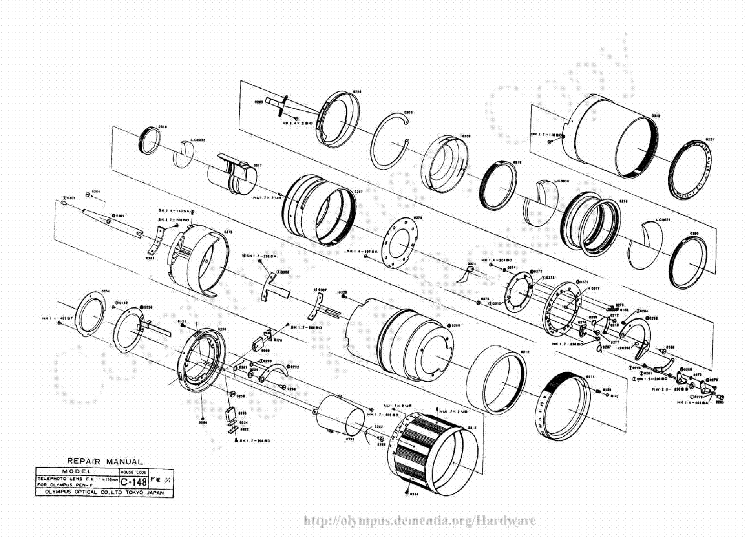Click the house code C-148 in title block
pyautogui.click(x=133, y=482)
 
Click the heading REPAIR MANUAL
pyautogui.click(x=105, y=462)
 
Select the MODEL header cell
pyautogui.click(x=77, y=471)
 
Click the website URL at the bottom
pyautogui.click(x=420, y=521)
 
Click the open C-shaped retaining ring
pyautogui.click(x=389, y=141)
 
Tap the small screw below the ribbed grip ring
pyautogui.click(x=406, y=491)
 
